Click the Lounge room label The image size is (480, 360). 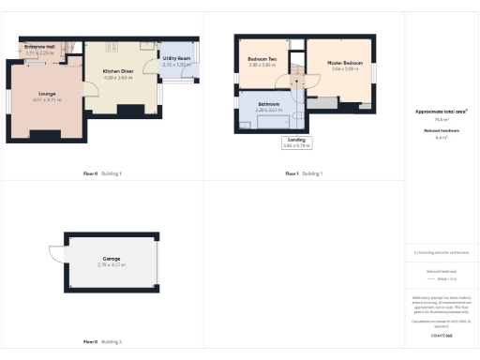click(x=47, y=93)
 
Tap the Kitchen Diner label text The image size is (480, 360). click(x=117, y=71)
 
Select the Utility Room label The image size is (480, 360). click(x=176, y=58)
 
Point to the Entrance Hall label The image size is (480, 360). click(x=40, y=47)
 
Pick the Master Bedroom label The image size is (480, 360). click(x=345, y=63)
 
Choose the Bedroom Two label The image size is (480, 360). click(x=262, y=59)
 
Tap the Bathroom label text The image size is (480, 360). click(x=268, y=104)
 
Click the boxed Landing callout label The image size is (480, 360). click(x=296, y=142)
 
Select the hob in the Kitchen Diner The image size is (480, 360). click(x=111, y=44)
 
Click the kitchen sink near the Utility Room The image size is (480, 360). click(x=147, y=44)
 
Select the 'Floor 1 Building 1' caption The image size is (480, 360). click(x=304, y=173)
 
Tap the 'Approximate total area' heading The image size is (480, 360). click(x=441, y=112)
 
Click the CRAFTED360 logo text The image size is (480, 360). click(x=441, y=334)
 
